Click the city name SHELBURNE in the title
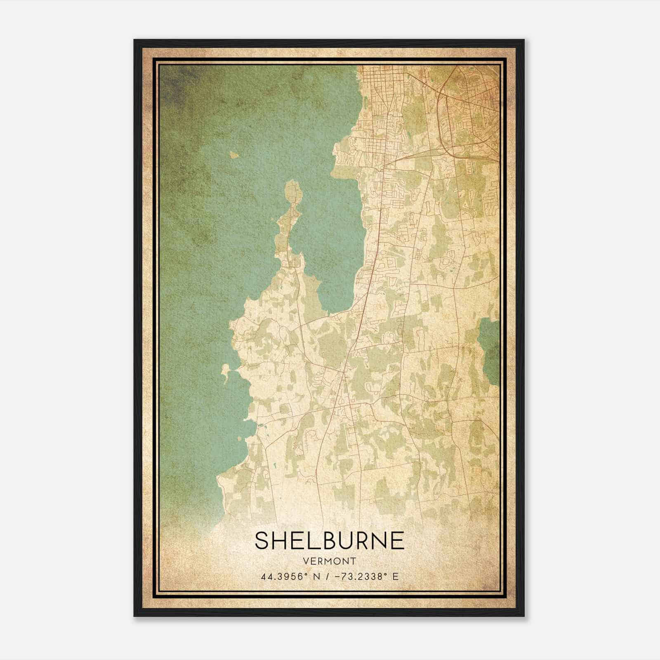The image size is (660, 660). [330, 540]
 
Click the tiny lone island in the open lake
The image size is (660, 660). [234, 155]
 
